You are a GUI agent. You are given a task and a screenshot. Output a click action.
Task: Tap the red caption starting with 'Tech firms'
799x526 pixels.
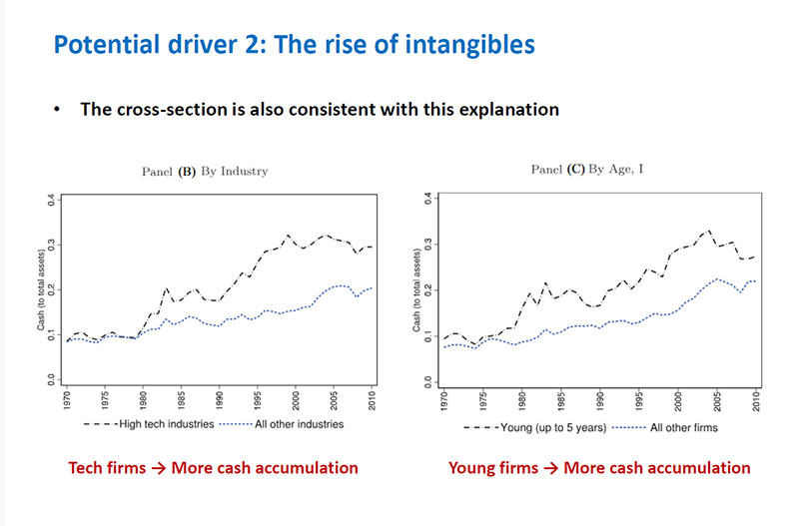(x=213, y=467)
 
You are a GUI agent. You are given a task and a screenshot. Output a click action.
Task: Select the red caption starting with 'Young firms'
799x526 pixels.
(x=599, y=467)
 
